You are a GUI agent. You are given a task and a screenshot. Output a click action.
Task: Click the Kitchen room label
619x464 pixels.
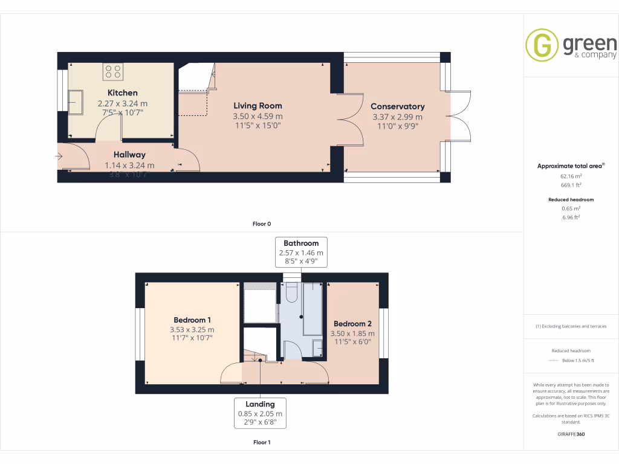coord(122,93)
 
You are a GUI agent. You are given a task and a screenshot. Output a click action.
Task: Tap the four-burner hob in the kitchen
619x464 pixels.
coord(113,71)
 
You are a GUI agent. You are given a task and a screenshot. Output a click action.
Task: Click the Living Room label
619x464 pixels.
coord(258,106)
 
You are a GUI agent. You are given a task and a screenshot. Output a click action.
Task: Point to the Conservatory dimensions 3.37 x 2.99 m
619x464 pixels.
coord(397,117)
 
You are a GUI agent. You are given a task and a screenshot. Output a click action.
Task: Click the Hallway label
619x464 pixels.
coord(129,155)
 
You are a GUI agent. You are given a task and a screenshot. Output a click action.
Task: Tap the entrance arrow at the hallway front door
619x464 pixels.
coord(59,157)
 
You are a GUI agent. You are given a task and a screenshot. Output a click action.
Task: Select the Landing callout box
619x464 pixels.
coord(260,413)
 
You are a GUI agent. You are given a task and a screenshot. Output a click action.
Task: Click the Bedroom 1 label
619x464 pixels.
coord(192,320)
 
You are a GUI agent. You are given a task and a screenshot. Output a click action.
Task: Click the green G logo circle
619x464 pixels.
coord(542,45)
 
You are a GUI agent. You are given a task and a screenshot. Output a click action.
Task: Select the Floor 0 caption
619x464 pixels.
coord(261,224)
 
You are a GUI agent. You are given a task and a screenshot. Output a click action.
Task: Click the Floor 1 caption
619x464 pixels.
coord(261,443)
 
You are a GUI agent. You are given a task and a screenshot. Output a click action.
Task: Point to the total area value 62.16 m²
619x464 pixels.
coord(571,177)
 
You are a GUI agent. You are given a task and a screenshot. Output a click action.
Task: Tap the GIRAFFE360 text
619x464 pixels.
coord(571,434)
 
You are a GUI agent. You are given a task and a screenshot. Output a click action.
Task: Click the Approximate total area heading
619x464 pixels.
coord(570,166)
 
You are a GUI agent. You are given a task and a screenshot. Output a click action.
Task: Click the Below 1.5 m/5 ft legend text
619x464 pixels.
coord(578,361)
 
